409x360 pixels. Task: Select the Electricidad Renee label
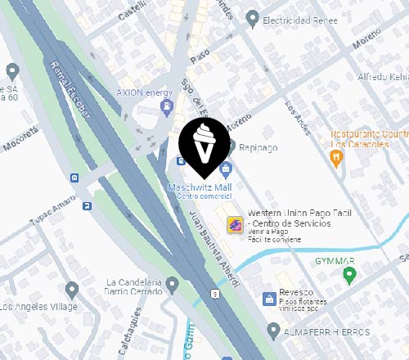tap(297, 18)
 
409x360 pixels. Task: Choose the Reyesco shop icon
tap(267, 299)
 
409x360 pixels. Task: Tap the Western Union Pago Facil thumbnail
tap(234, 223)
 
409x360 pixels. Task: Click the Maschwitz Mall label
tap(199, 187)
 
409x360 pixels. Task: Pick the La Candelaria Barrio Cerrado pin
tap(172, 285)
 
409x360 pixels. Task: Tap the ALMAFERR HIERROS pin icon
tap(274, 331)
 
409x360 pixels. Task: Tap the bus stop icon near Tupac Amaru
tap(75, 177)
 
